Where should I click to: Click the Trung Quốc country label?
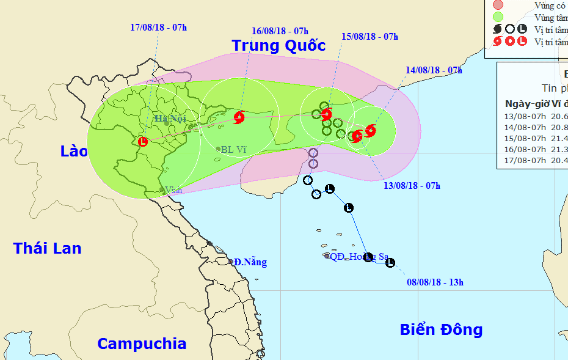[278, 45]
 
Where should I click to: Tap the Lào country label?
[74, 151]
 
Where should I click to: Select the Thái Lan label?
[47, 248]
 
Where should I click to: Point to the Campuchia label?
[141, 343]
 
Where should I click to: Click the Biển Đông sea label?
[441, 330]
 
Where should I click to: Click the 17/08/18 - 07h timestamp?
[159, 28]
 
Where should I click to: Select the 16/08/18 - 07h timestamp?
[280, 31]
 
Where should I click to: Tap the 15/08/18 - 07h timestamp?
[370, 37]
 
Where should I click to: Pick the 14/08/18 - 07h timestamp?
[433, 70]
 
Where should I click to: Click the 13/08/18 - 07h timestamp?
[412, 185]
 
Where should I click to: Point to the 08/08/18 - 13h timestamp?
[435, 282]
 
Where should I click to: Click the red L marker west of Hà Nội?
[143, 142]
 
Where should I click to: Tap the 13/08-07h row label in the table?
[525, 116]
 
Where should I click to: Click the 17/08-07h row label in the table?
[525, 160]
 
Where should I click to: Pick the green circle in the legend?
[498, 18]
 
